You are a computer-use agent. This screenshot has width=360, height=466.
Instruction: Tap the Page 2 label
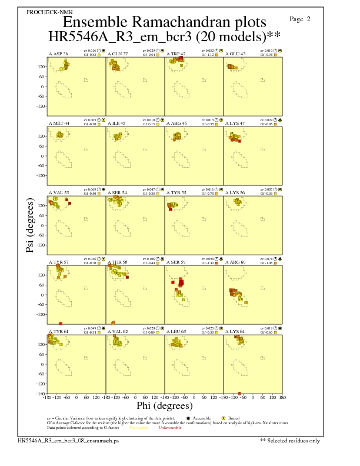301,19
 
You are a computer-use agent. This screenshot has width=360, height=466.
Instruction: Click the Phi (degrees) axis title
164,406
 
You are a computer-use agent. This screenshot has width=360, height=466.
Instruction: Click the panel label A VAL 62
118,331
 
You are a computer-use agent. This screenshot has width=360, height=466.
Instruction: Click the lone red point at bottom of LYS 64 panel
239,393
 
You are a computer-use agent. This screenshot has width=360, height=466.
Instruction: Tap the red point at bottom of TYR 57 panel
61,324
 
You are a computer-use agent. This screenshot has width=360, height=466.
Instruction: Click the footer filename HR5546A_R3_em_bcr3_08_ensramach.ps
68,440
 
